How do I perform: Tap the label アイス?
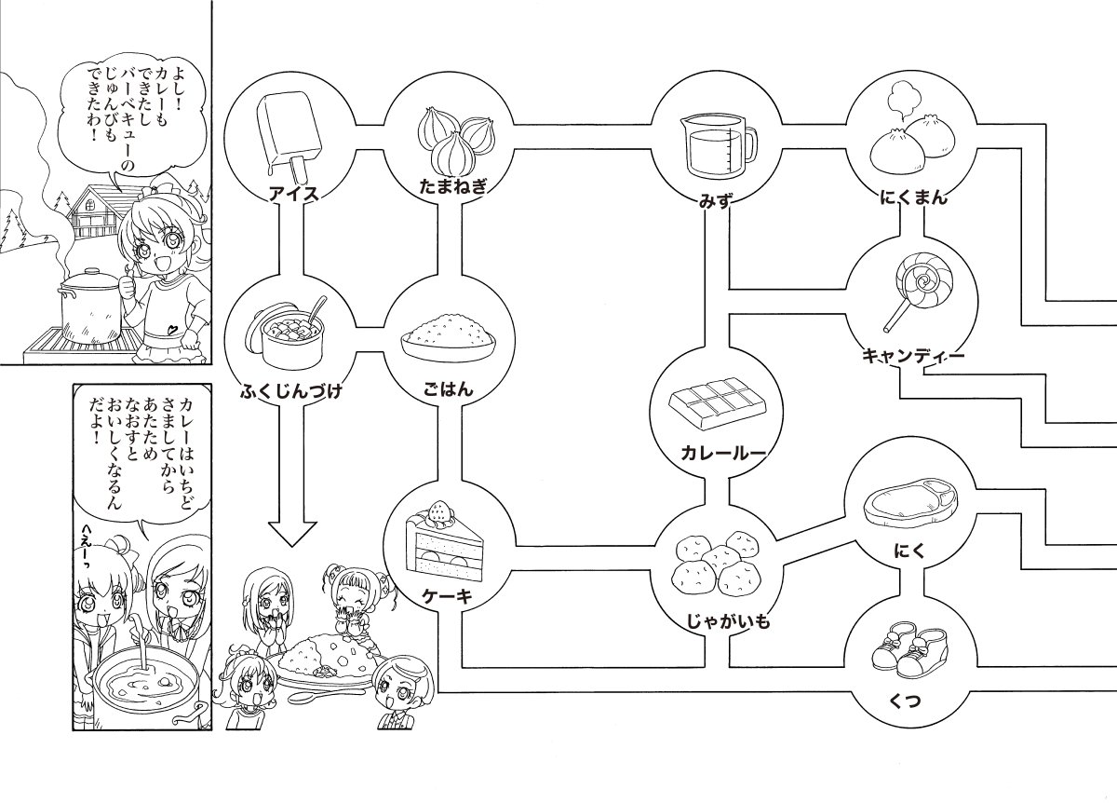(x=292, y=195)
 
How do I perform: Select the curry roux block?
(x=717, y=402)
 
